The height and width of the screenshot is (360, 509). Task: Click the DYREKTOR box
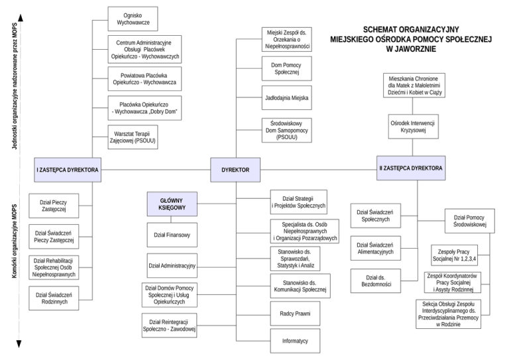pyautogui.click(x=235, y=170)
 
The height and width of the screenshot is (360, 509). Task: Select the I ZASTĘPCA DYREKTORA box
pyautogui.click(x=68, y=170)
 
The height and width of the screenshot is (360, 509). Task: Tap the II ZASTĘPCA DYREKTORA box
pyautogui.click(x=410, y=168)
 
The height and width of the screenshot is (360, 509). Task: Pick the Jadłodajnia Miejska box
pyautogui.click(x=287, y=97)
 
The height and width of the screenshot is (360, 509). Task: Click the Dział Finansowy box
pyautogui.click(x=172, y=235)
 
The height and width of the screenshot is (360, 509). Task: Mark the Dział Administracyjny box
pyautogui.click(x=172, y=265)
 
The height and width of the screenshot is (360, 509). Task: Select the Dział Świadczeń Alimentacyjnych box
pyautogui.click(x=375, y=248)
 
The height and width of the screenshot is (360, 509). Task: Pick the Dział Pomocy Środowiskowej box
pyautogui.click(x=470, y=221)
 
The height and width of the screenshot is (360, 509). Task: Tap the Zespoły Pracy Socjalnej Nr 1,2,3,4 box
pyautogui.click(x=458, y=253)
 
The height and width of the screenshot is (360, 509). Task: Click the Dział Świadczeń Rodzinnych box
pyautogui.click(x=54, y=298)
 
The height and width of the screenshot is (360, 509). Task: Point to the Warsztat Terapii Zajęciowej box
pyautogui.click(x=135, y=137)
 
